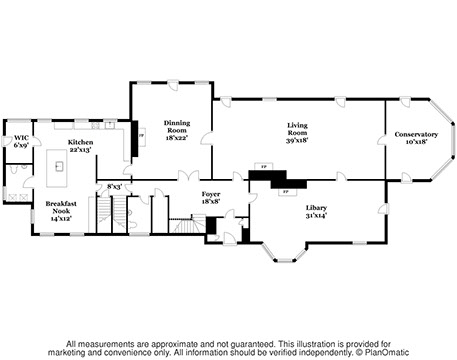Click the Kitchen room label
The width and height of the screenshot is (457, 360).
click(x=80, y=142)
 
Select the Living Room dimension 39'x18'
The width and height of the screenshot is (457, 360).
click(x=297, y=140)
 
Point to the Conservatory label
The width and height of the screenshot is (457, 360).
click(x=416, y=134)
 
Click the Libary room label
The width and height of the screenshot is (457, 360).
click(x=316, y=208)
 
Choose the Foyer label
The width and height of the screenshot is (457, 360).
click(x=211, y=194)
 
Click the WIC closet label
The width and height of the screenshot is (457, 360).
click(x=21, y=138)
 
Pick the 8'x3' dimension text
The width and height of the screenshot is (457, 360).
click(x=114, y=187)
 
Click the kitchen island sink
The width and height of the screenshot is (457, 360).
click(x=59, y=166)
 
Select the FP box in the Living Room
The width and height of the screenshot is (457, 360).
click(x=264, y=166)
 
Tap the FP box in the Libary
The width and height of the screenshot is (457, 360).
click(x=287, y=192)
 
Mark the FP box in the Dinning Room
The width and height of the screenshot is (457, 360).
click(x=142, y=136)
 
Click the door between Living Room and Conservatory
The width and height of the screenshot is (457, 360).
click(x=382, y=140)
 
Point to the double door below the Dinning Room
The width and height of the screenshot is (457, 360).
click(x=188, y=176)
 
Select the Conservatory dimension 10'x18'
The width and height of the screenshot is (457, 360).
click(x=417, y=142)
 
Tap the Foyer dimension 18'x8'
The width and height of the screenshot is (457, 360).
click(x=211, y=201)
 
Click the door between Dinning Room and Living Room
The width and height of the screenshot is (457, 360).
click(x=207, y=138)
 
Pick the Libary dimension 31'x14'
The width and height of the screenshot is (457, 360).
click(x=316, y=215)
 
